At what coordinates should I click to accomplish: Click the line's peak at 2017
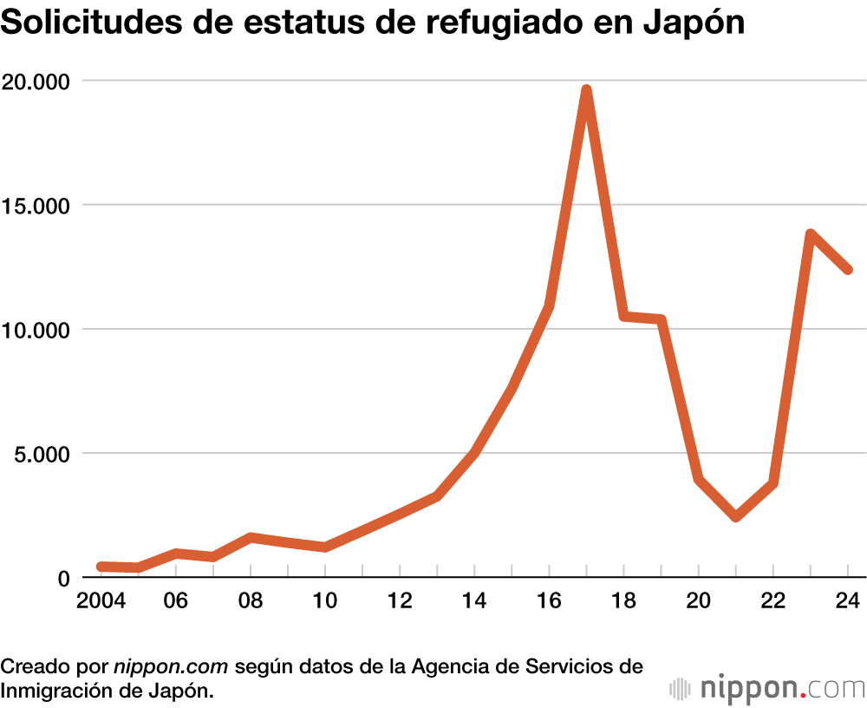click(587, 90)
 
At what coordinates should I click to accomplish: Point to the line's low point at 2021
click(736, 517)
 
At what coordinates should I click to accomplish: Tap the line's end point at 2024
click(848, 270)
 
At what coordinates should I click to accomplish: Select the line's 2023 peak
click(811, 234)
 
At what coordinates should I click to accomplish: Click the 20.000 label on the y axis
click(36, 81)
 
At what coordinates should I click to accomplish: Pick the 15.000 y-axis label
click(36, 206)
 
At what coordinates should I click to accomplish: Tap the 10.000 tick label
click(36, 330)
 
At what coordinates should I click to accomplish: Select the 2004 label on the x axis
click(101, 601)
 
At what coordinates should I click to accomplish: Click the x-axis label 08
click(251, 601)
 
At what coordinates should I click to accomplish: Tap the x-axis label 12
click(400, 601)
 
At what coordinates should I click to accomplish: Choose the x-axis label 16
click(549, 601)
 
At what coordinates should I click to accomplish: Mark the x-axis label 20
click(699, 601)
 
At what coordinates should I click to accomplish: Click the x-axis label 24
click(847, 601)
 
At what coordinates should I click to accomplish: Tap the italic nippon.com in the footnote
click(171, 667)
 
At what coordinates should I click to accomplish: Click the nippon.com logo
click(768, 689)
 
